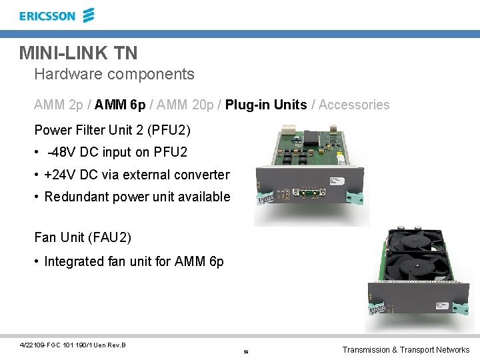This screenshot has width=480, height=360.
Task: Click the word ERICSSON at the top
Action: coord(47,16)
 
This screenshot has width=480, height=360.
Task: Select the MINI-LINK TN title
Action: coord(78,52)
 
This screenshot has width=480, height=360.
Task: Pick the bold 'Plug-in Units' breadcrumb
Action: coord(266,105)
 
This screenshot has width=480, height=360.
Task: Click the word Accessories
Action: coord(354,105)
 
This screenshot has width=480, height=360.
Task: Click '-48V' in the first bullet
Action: coord(63,152)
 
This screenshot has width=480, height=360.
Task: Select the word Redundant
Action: coord(77,197)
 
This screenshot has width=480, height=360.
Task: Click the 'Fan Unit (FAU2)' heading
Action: coord(83,237)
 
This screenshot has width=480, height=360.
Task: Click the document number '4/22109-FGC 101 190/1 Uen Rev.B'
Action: coord(73,345)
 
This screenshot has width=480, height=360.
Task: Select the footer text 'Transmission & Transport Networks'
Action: coord(405,349)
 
